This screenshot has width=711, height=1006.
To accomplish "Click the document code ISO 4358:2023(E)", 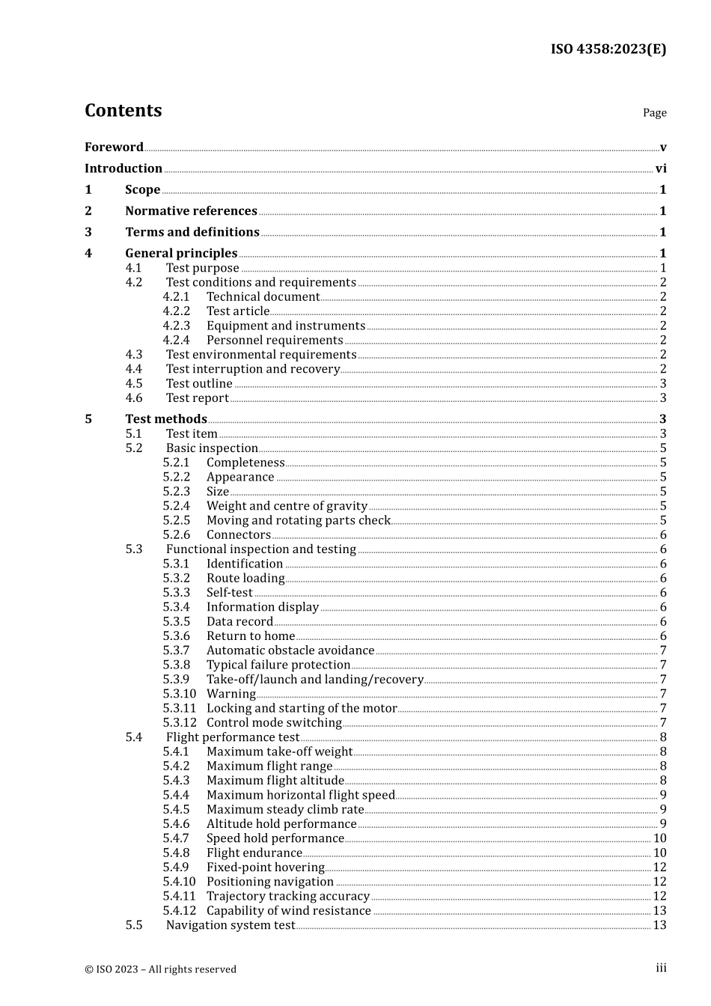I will [x=608, y=49].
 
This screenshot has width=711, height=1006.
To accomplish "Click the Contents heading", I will [x=123, y=111].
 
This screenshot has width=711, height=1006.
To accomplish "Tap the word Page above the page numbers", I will [x=654, y=113].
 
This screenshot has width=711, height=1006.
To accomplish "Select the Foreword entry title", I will [x=114, y=147].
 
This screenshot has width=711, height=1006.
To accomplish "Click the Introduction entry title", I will [x=123, y=168].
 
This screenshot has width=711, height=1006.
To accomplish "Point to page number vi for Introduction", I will [x=661, y=168].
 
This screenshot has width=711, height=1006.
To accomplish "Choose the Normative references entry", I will [x=191, y=211].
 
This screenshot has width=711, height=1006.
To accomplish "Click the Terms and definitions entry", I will [x=192, y=232].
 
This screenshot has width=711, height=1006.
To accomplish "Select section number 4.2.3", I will [x=177, y=326].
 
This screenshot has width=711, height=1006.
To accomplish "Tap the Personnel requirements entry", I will [x=275, y=340].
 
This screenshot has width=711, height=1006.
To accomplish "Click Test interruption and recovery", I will [x=253, y=369].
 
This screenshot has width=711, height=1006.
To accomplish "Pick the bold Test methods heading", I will [x=166, y=419].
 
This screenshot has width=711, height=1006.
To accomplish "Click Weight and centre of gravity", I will [x=287, y=506].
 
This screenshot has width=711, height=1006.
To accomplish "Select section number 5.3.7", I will [x=177, y=650].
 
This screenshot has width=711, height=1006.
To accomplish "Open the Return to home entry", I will [x=251, y=636].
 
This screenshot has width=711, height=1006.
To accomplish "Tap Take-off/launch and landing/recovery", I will [x=315, y=680].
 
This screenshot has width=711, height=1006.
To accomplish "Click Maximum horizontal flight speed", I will [x=301, y=795].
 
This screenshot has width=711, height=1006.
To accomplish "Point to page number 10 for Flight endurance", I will [x=659, y=853].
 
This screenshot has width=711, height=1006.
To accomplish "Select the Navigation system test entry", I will [x=231, y=925].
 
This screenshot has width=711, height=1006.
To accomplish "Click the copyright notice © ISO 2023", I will [x=160, y=969].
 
